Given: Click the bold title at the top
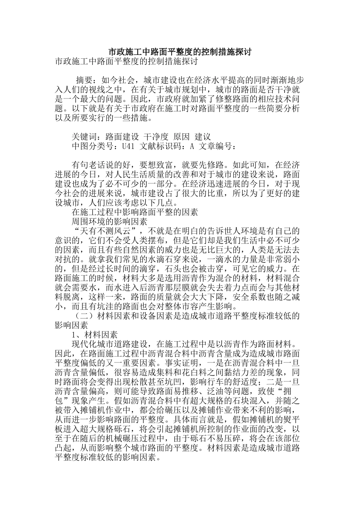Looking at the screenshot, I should (x=180, y=52).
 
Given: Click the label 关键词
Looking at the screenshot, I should (x=85, y=137).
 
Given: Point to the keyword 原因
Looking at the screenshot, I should (x=181, y=137).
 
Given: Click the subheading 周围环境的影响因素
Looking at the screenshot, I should (x=110, y=221).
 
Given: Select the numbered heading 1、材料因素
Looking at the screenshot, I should (x=95, y=335).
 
